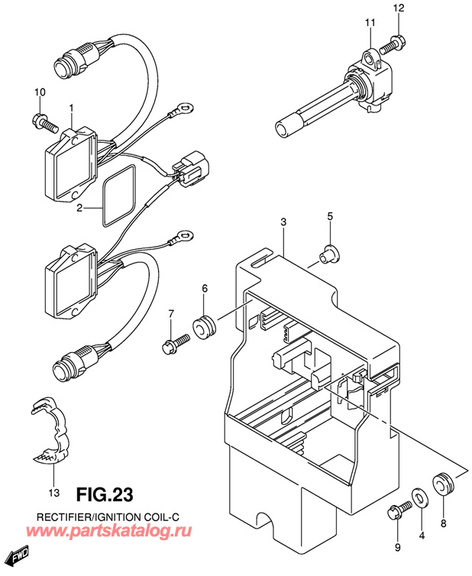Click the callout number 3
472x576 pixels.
pyautogui.click(x=283, y=222)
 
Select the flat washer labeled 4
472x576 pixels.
pyautogui.click(x=419, y=498)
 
